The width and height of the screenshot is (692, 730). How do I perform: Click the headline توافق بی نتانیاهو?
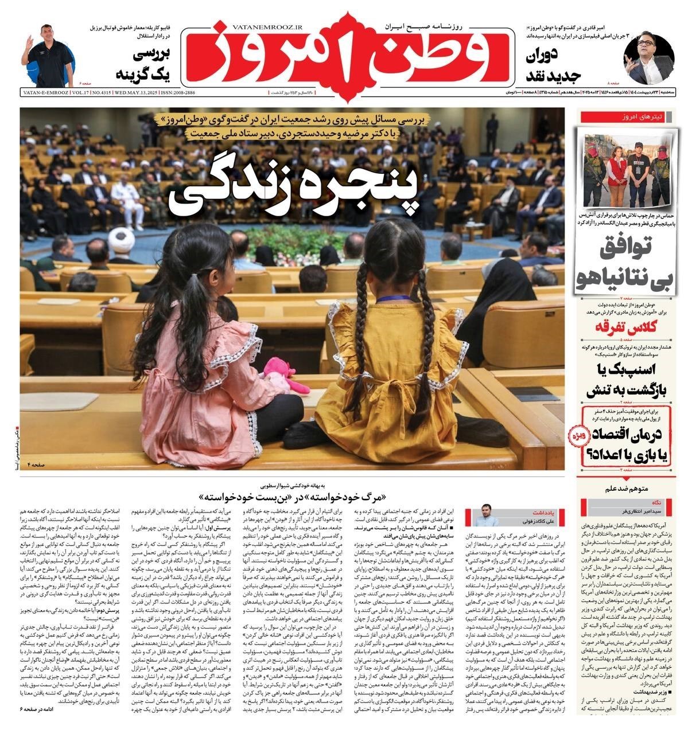[629, 260]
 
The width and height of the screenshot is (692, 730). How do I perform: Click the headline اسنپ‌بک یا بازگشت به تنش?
[629, 380]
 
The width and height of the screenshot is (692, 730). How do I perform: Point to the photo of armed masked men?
[629, 169]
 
